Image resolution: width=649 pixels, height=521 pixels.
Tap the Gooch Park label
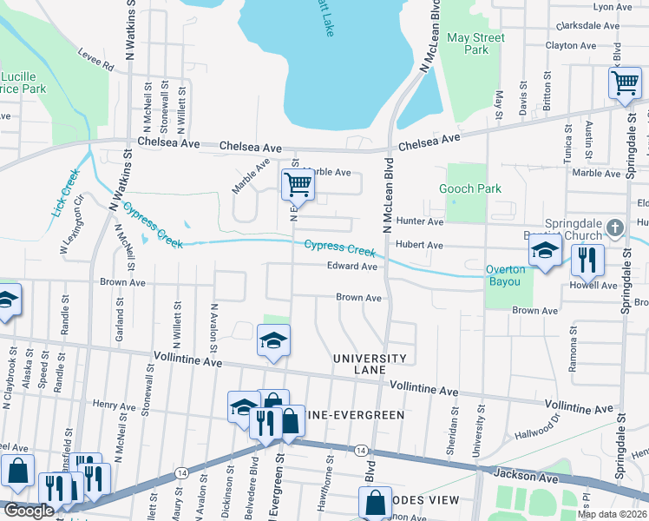470,188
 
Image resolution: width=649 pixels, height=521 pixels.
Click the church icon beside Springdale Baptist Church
615,228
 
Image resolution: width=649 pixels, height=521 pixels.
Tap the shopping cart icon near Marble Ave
297,184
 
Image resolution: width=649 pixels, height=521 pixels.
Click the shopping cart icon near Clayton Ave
624,84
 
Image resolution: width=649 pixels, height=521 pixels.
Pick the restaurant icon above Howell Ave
587,258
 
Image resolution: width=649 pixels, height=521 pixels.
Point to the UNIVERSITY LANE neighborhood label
370,364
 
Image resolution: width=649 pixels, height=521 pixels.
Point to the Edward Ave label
351,267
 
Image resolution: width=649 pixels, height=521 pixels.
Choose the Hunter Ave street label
419,221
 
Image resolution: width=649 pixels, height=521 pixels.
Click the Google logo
29,511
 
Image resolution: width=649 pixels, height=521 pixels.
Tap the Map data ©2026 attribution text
612,514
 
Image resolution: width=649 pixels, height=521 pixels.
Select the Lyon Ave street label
613,7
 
